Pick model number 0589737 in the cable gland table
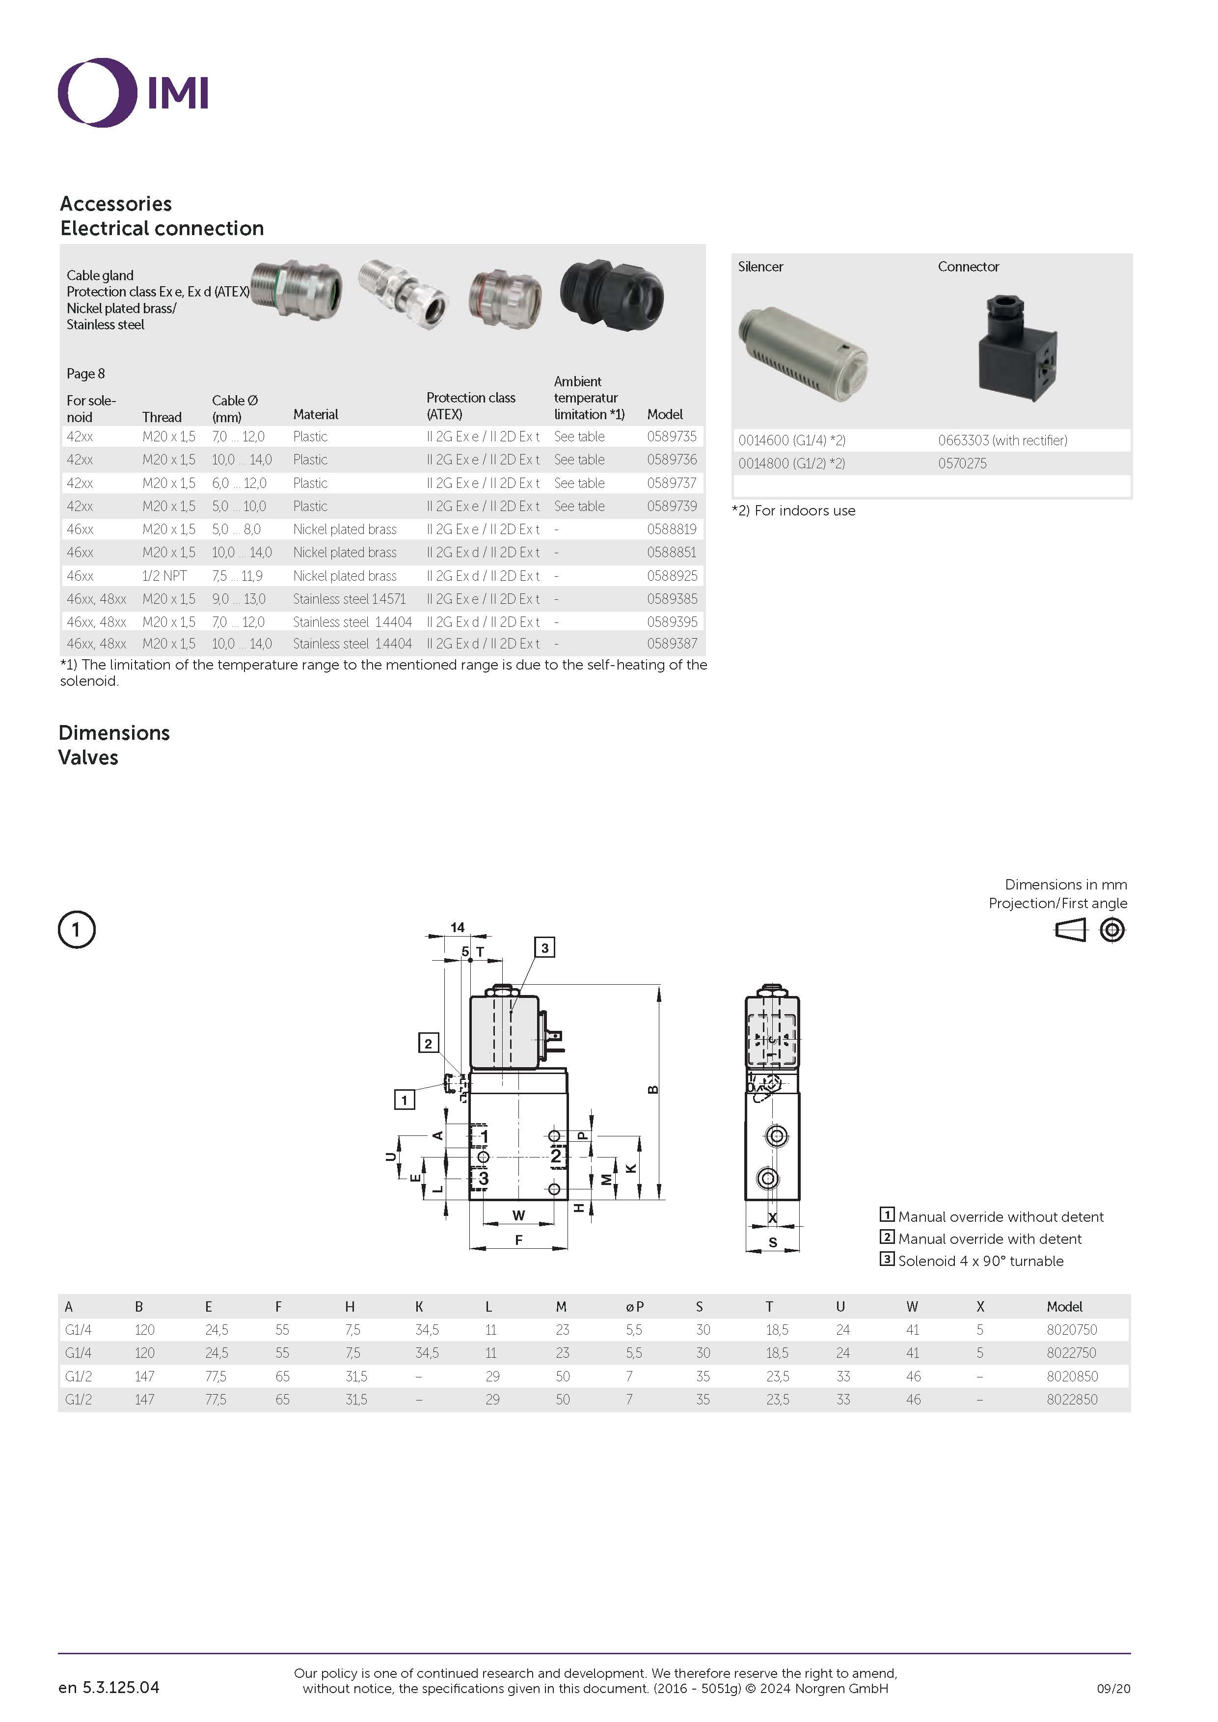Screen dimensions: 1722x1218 click(x=671, y=483)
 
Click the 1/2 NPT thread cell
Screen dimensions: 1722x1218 click(x=164, y=576)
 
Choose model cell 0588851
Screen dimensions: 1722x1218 click(x=671, y=553)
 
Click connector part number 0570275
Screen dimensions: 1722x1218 click(x=962, y=463)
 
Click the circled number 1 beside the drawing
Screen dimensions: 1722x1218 click(x=77, y=930)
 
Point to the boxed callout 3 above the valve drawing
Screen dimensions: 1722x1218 click(x=544, y=948)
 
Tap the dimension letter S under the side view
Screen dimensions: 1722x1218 click(x=773, y=1243)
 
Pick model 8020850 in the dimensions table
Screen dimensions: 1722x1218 click(x=1072, y=1376)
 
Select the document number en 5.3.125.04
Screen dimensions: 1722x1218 click(x=109, y=1688)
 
